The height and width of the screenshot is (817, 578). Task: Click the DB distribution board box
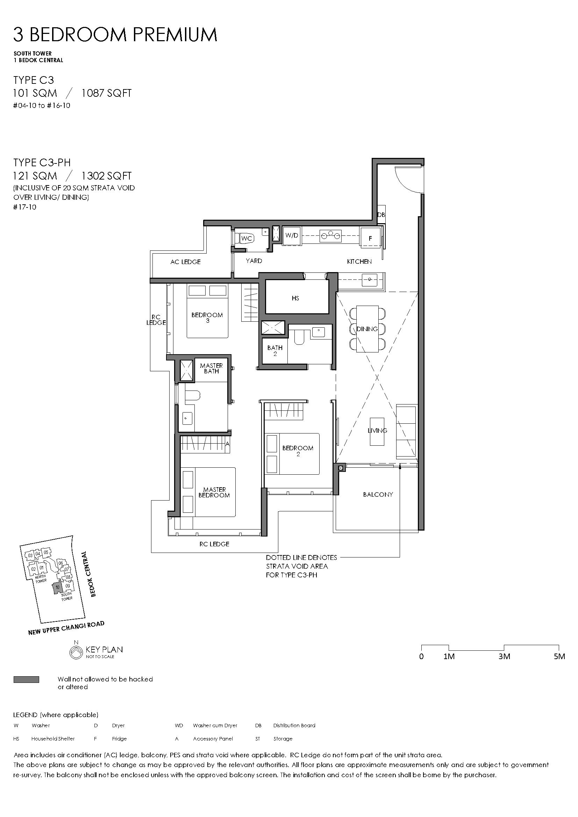coord(381,215)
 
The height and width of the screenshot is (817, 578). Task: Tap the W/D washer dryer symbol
coord(292,235)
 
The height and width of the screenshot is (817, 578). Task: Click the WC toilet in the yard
coord(246,238)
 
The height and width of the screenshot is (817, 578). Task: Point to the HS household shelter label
coord(295,298)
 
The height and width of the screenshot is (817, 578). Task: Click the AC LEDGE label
coord(185,262)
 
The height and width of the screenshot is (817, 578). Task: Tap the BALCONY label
coord(378,494)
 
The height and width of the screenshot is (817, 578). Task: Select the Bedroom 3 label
coord(207,318)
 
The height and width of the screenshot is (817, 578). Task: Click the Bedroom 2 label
coord(298,451)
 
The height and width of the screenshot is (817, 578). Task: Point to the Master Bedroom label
coord(214,493)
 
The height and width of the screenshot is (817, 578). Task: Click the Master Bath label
coord(211,368)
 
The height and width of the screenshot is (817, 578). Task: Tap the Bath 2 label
coord(275,351)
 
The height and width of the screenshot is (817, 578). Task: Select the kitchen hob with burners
coord(330,235)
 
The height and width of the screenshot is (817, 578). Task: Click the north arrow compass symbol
coord(76,651)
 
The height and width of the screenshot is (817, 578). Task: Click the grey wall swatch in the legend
coord(26,680)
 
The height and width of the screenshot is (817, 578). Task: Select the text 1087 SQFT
coord(107,93)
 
